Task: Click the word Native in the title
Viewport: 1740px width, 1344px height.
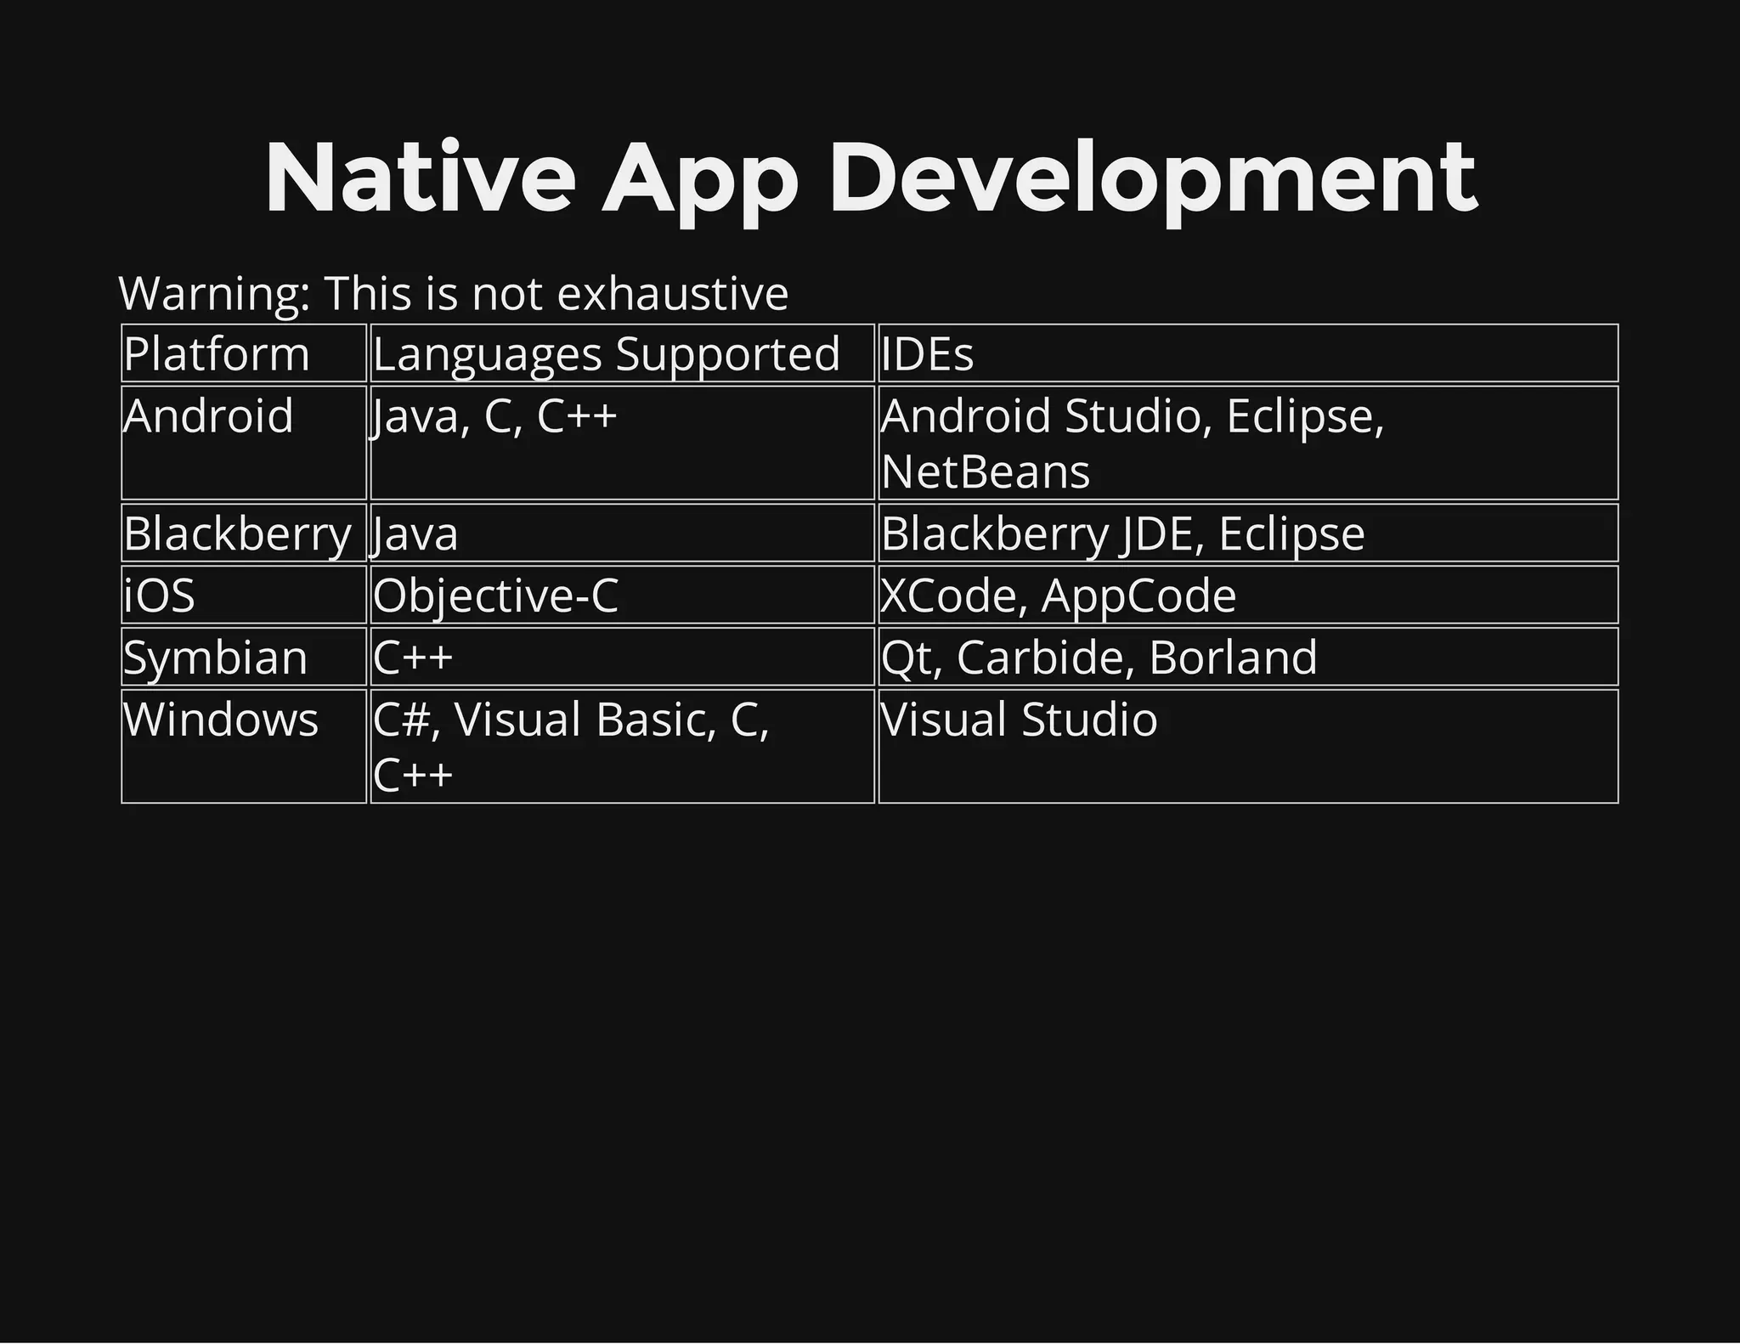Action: [421, 178]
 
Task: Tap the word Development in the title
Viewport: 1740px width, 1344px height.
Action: [1153, 178]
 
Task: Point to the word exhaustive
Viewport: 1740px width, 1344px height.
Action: [673, 293]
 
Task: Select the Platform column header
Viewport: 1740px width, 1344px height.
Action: [217, 353]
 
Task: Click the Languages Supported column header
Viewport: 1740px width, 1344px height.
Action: [607, 353]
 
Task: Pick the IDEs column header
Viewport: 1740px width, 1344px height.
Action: [928, 353]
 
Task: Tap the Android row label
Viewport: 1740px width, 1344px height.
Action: [209, 416]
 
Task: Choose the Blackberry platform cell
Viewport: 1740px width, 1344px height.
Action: [238, 534]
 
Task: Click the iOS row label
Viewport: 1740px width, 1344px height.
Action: [160, 595]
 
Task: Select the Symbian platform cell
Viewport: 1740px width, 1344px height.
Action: [216, 658]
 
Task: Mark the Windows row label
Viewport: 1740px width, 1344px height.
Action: [221, 720]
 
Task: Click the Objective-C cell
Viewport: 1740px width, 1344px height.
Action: [496, 595]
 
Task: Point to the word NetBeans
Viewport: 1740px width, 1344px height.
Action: [986, 472]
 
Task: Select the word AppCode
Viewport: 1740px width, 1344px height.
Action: [1139, 595]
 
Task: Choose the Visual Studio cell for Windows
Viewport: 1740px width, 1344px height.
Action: [1020, 720]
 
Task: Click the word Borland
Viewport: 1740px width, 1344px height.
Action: [1233, 658]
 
